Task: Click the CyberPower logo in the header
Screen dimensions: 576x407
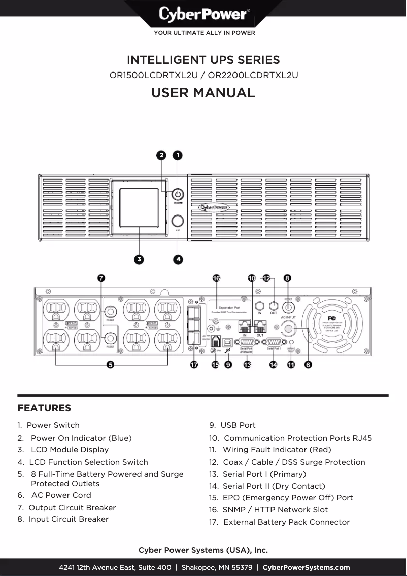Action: [203, 14]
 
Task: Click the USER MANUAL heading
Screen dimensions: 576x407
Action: [203, 93]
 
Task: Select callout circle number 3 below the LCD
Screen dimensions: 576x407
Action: [138, 259]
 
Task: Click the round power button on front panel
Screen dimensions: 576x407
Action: [178, 195]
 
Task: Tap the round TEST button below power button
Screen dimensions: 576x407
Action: [178, 221]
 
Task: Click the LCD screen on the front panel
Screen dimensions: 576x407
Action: [138, 208]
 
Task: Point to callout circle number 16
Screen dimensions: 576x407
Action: [217, 278]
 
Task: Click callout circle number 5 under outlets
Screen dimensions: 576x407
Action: [110, 364]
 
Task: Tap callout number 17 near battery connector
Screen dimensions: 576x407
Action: [194, 365]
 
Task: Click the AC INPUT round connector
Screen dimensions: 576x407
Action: [288, 329]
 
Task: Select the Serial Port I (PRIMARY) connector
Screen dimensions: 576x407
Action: [246, 341]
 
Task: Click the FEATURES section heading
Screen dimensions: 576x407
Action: [44, 408]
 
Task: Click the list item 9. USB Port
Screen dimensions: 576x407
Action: [232, 425]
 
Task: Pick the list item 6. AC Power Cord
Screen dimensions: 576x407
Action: [54, 495]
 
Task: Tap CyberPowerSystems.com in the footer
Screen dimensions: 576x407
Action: [306, 567]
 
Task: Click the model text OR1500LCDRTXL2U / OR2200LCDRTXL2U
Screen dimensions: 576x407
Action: [203, 76]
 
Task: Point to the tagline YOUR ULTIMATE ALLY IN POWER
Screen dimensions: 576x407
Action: [204, 33]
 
